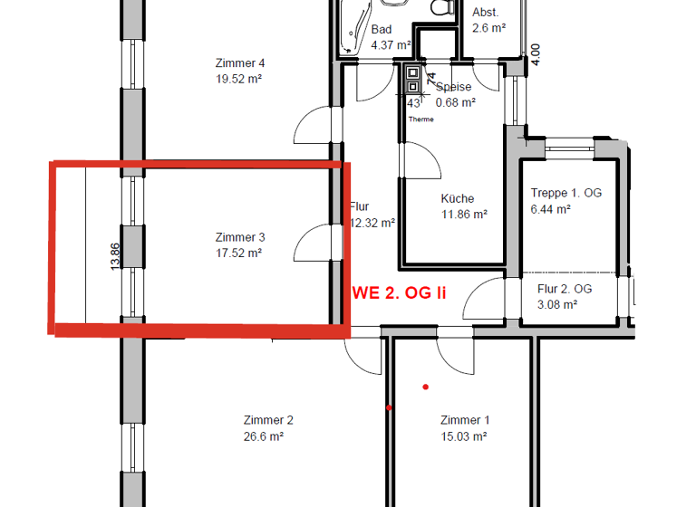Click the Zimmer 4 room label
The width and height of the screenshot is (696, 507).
tap(240, 63)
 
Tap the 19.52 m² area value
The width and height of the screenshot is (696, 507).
tap(239, 79)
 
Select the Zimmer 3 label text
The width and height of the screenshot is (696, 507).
tap(240, 238)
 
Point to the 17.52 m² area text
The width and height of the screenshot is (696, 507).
tap(239, 253)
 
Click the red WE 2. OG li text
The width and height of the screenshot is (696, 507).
tap(406, 292)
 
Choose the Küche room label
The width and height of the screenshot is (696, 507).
tap(458, 199)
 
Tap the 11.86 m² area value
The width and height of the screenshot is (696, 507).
tap(464, 215)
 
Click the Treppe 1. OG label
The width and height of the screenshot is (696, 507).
tap(565, 193)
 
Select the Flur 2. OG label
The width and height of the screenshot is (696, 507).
tap(565, 289)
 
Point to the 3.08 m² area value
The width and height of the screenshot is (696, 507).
tap(557, 304)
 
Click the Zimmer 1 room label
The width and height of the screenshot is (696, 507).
tap(465, 420)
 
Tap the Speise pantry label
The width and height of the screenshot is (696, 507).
tap(453, 88)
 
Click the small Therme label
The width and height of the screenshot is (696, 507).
tap(421, 120)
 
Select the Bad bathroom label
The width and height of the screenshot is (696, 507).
tap(382, 30)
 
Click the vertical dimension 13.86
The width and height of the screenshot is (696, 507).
tap(114, 257)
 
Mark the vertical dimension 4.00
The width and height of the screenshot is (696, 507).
tap(535, 53)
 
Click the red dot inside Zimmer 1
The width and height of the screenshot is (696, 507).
tap(425, 387)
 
